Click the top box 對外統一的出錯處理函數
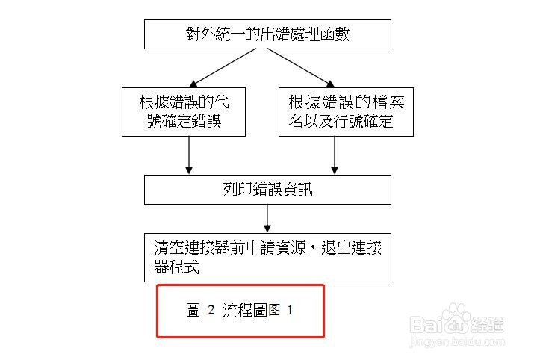267,34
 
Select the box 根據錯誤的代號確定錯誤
183,112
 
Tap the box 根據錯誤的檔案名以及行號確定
346,112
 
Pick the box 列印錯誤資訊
267,190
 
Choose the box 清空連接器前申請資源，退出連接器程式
267,257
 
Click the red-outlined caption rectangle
240,311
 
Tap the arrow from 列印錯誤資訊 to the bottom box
267,218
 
